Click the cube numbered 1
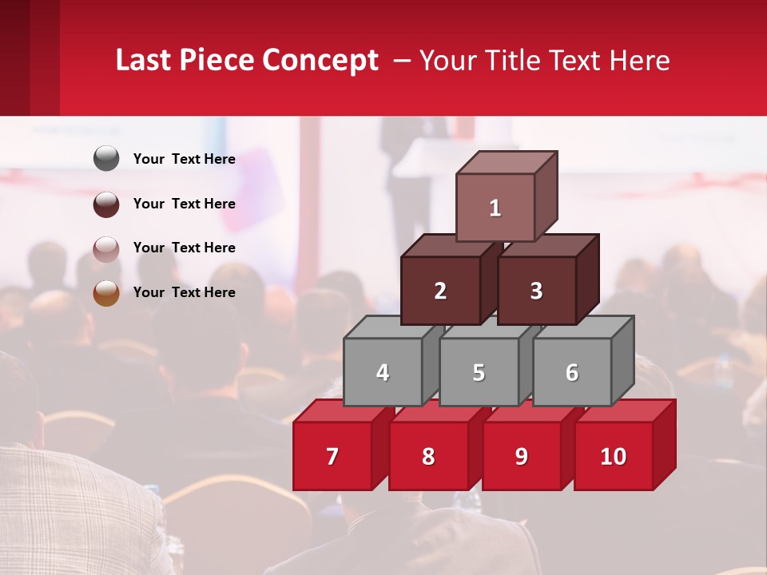click(x=495, y=208)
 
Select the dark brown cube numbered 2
click(x=440, y=291)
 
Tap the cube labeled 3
click(x=536, y=291)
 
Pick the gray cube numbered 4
click(x=383, y=372)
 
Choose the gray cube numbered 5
click(x=479, y=372)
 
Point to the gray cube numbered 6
click(x=572, y=372)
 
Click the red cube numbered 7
click(x=332, y=456)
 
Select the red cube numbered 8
click(x=428, y=456)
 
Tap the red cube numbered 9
click(x=522, y=456)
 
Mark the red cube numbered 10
click(x=614, y=456)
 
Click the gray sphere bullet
click(x=106, y=159)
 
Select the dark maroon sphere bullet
click(x=106, y=204)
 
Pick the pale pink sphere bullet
click(x=106, y=248)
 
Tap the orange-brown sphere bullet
click(x=106, y=293)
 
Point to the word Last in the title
click(x=145, y=61)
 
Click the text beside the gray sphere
click(x=185, y=159)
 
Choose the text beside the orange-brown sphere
click(x=185, y=292)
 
